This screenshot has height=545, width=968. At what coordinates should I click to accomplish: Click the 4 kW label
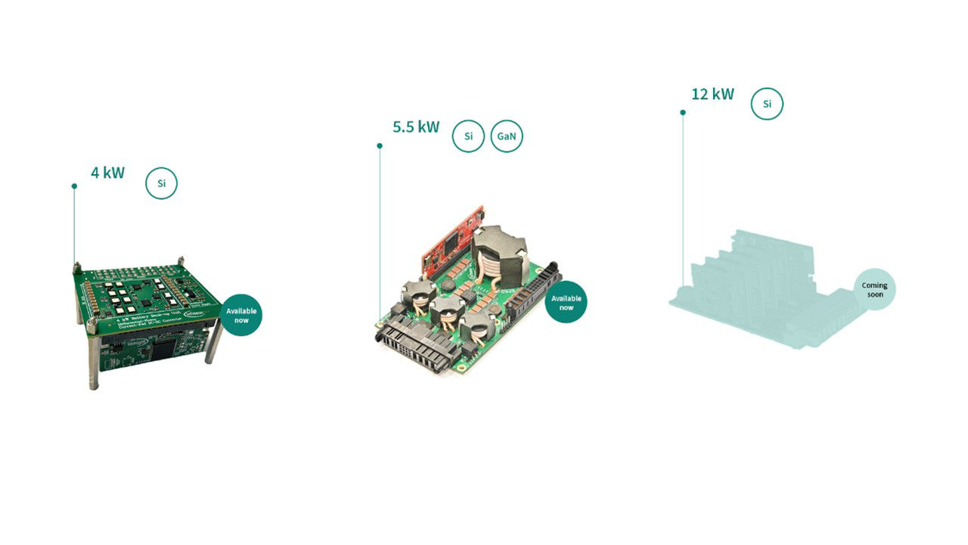pyautogui.click(x=107, y=173)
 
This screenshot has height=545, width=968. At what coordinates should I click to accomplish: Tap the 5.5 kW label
pyautogui.click(x=415, y=126)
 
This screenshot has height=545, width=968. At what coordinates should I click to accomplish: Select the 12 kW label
pyautogui.click(x=712, y=94)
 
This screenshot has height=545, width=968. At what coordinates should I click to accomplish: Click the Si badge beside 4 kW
pyautogui.click(x=161, y=183)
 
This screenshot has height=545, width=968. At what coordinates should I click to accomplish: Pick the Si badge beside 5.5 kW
pyautogui.click(x=468, y=136)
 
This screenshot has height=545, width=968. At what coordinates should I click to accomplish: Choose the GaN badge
pyautogui.click(x=507, y=136)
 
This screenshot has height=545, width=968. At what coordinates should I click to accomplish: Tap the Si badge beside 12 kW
pyautogui.click(x=767, y=104)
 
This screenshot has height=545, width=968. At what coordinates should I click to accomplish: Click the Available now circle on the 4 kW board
pyautogui.click(x=241, y=315)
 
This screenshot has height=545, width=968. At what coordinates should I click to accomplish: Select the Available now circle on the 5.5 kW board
pyautogui.click(x=566, y=302)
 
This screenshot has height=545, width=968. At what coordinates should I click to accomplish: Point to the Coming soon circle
pyautogui.click(x=874, y=289)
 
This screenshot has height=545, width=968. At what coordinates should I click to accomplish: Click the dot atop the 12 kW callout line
pyautogui.click(x=683, y=113)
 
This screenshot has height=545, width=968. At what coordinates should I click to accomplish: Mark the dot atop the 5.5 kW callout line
pyautogui.click(x=380, y=145)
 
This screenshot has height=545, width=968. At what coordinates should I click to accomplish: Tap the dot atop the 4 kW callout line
pyautogui.click(x=74, y=186)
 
